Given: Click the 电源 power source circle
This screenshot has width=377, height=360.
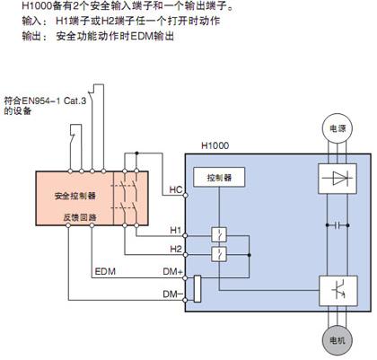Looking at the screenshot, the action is [x=338, y=128].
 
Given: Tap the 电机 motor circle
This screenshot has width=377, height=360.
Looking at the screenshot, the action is [x=338, y=340].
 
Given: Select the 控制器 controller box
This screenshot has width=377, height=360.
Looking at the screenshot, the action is [x=219, y=177].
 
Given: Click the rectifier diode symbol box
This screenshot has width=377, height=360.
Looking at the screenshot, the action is [x=338, y=179].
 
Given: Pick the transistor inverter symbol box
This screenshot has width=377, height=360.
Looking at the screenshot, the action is [x=338, y=291].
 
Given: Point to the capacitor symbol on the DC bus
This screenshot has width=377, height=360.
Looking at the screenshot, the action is [x=338, y=225].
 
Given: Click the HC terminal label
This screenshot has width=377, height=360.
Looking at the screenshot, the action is [x=176, y=189].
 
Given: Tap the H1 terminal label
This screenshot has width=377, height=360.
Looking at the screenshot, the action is [x=176, y=230].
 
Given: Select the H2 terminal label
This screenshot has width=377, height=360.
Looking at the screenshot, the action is [x=176, y=249].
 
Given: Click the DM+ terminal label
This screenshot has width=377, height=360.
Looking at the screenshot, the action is [x=172, y=272].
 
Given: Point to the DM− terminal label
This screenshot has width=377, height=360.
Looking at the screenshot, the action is [x=172, y=294].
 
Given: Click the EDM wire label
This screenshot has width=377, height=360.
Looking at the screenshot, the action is [x=105, y=272].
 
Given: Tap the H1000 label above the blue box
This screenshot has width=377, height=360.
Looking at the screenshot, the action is [x=215, y=145].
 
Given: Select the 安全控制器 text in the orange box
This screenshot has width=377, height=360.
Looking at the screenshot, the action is [x=75, y=196].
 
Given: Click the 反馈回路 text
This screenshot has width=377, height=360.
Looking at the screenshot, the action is [x=80, y=217].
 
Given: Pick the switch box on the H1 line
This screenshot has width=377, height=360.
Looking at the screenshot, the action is [x=219, y=235].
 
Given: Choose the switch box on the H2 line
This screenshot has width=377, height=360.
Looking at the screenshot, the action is [x=219, y=255].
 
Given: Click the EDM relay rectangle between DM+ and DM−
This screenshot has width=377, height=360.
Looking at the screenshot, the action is [x=197, y=289].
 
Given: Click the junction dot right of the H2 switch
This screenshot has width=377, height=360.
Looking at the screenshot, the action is [x=249, y=255].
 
